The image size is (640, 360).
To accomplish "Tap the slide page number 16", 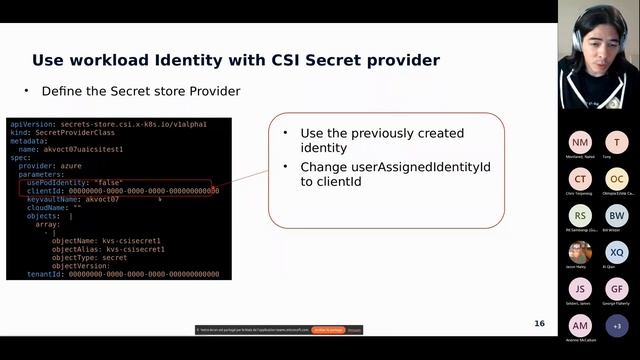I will [539, 323].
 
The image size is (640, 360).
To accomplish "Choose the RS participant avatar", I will [580, 215].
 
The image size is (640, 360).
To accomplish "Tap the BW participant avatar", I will [617, 215].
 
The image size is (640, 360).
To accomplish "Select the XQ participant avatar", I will [617, 252].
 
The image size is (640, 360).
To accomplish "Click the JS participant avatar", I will [580, 289].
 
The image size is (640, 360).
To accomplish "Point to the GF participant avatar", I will [617, 289].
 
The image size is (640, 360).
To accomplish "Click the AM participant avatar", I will [580, 326].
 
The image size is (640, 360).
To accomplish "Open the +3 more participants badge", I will [617, 326].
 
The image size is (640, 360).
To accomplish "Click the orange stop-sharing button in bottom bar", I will [328, 329].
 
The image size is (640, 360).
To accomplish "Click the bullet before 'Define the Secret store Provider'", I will [27, 91].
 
